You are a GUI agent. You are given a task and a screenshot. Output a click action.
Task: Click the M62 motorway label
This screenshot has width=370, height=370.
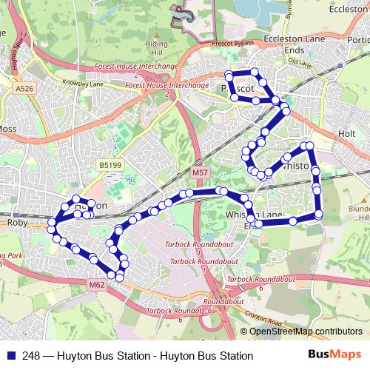(96, 284)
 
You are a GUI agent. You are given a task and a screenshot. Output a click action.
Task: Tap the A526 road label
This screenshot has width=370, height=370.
(25, 89)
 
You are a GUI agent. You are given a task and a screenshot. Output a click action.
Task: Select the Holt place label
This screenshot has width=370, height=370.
(347, 134)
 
